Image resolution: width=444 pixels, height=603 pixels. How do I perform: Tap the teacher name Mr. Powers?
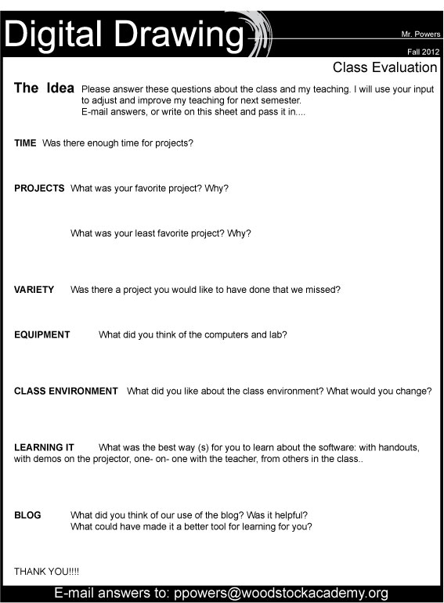[419, 35]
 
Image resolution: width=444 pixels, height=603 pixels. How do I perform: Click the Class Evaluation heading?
[384, 67]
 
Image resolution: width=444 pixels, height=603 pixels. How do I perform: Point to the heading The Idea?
[44, 88]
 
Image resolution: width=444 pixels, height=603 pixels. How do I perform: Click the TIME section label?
[25, 144]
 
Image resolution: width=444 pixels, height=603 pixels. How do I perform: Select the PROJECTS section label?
[39, 189]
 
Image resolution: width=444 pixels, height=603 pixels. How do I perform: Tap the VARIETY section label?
[34, 290]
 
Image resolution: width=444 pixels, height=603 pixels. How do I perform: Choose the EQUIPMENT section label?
[42, 334]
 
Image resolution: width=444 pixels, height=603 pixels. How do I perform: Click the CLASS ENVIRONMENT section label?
[66, 391]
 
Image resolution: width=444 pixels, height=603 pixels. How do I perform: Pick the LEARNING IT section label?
[44, 447]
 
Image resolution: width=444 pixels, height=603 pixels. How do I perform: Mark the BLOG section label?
[27, 515]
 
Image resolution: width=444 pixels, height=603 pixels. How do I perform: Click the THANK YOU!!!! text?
[46, 572]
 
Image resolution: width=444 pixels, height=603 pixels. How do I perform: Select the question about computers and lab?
[193, 334]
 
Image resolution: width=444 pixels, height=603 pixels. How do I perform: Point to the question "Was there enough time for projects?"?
[117, 144]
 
